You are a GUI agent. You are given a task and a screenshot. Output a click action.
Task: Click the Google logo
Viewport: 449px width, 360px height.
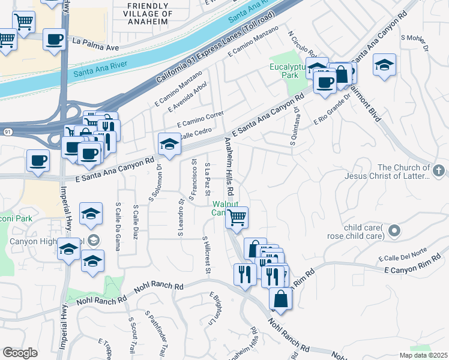click(x=20, y=353)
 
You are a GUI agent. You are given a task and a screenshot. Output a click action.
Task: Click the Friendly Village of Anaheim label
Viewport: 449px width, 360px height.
click(x=149, y=13)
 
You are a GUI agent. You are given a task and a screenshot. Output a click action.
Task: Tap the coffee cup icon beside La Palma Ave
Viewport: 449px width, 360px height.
click(x=55, y=40)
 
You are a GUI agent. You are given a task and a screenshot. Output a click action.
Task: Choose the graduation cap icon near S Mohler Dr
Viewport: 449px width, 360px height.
click(x=384, y=64)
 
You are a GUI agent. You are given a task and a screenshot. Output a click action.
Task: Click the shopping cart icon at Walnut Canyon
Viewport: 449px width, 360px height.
click(x=237, y=217)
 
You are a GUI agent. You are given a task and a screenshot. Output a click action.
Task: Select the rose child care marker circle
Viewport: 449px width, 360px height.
click(x=394, y=230)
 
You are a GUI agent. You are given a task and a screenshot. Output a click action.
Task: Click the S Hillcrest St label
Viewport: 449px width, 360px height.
click(x=206, y=247)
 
